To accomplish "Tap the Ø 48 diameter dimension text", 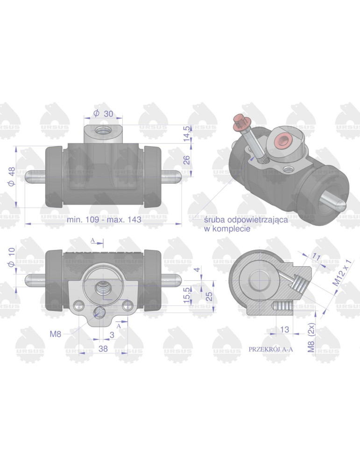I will coord(12,177).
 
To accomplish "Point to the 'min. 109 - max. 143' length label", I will coord(104,220).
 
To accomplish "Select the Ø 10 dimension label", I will coord(12,256).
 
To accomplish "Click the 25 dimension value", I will coord(209,296).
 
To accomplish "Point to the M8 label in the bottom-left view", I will coord(56,333).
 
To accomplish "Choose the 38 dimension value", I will coord(103,348).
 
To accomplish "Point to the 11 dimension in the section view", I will coord(316,257).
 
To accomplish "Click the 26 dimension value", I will coord(187,160).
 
